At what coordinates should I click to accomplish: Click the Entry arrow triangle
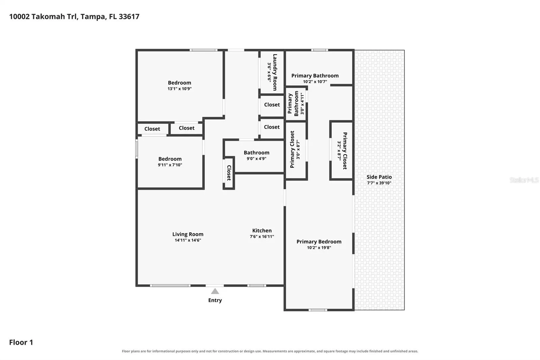click(x=215, y=291)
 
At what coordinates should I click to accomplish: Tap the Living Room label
click(x=188, y=234)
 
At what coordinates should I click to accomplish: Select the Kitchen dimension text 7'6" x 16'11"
click(x=262, y=236)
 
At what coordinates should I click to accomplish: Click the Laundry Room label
click(x=275, y=72)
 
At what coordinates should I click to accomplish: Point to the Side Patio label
click(x=379, y=177)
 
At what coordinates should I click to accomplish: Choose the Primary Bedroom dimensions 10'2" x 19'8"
click(x=319, y=248)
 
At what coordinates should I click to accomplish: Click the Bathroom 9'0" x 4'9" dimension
click(x=256, y=158)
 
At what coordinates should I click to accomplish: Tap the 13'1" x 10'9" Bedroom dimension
click(x=180, y=88)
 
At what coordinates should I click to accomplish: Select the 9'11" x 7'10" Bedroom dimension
click(x=170, y=165)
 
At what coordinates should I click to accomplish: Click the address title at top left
click(x=74, y=17)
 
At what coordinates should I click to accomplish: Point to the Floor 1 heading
click(x=21, y=342)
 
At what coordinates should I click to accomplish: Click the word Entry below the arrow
click(x=215, y=300)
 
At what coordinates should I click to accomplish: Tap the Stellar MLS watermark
click(x=524, y=180)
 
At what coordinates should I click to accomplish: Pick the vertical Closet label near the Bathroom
click(x=229, y=173)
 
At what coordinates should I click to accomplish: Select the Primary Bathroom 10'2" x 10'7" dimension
click(x=315, y=81)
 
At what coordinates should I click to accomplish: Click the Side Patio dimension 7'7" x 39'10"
click(x=379, y=183)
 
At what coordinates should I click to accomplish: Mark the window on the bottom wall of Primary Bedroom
click(x=318, y=310)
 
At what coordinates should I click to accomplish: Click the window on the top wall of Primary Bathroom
click(x=319, y=50)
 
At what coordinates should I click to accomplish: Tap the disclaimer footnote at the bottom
click(x=270, y=351)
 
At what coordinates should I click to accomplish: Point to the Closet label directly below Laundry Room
click(x=272, y=105)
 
